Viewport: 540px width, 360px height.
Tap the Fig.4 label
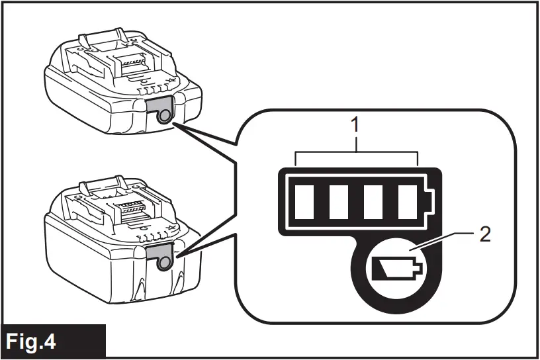click(31, 342)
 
